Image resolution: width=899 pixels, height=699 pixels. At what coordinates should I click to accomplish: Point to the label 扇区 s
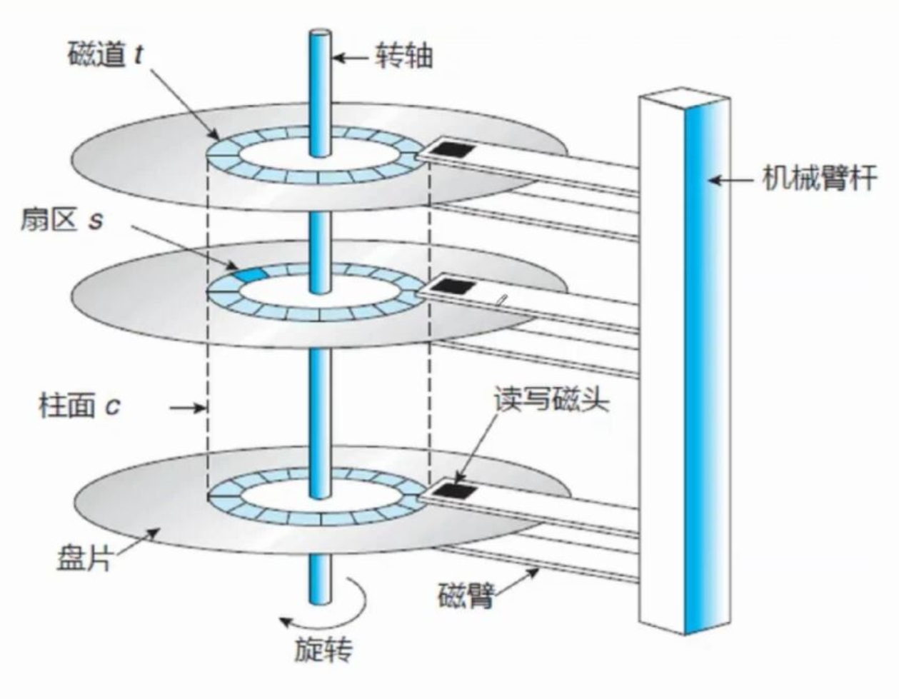pyautogui.click(x=61, y=220)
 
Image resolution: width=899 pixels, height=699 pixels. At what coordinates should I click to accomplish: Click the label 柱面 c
pyautogui.click(x=79, y=406)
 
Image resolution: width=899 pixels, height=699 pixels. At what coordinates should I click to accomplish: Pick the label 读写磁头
pyautogui.click(x=551, y=401)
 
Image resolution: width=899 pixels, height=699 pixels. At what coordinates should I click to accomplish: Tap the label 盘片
pyautogui.click(x=84, y=558)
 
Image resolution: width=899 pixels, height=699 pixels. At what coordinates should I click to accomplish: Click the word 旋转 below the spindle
pyautogui.click(x=323, y=649)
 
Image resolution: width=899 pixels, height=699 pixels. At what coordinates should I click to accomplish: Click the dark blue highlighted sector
pyautogui.click(x=250, y=274)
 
